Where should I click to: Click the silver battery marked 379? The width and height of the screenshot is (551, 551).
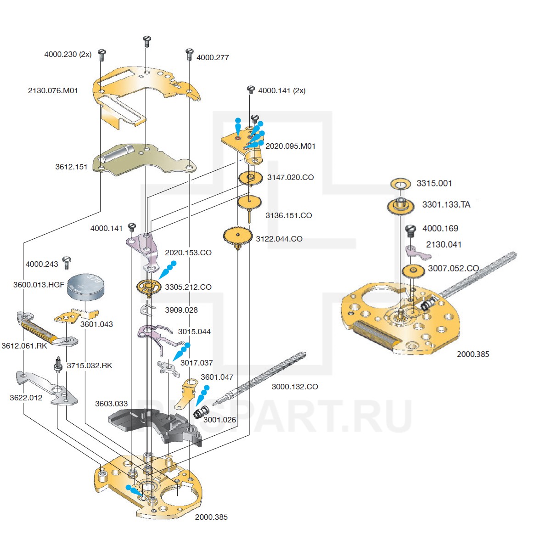pyautogui.click(x=86, y=286)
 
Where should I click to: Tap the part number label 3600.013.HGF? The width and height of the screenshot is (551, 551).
pyautogui.click(x=39, y=285)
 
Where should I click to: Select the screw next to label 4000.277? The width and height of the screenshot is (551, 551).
pyautogui.click(x=189, y=54)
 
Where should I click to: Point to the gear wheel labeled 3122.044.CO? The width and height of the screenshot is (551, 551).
pyautogui.click(x=237, y=237)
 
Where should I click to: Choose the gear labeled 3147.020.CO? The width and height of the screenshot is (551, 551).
pyautogui.click(x=250, y=178)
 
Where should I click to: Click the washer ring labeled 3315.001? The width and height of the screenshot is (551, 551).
pyautogui.click(x=400, y=185)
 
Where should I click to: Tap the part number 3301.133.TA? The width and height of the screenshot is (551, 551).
pyautogui.click(x=446, y=205)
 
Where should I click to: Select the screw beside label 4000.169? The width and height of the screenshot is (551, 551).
pyautogui.click(x=410, y=230)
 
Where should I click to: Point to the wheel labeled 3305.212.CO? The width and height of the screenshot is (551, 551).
pyautogui.click(x=148, y=287)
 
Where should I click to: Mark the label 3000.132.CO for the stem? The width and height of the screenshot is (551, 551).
pyautogui.click(x=295, y=387)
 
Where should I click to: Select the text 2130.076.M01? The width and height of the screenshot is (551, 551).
pyautogui.click(x=53, y=90)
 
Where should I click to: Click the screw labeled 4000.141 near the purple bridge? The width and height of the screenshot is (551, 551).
pyautogui.click(x=132, y=227)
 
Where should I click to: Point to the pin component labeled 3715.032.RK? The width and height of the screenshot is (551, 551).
pyautogui.click(x=58, y=365)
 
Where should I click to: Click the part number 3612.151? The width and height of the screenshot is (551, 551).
pyautogui.click(x=71, y=167)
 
